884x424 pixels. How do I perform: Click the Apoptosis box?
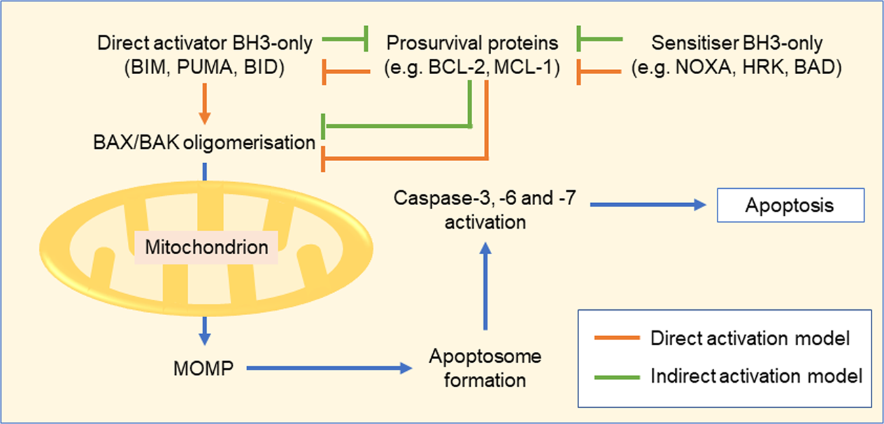point(789,206)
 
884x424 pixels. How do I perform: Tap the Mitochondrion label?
point(207,248)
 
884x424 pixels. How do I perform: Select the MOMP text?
point(203,369)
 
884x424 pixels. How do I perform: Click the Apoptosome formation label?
point(485,368)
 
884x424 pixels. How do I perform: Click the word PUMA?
point(204,67)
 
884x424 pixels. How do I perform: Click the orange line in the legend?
point(616,339)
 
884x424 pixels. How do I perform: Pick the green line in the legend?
point(616,377)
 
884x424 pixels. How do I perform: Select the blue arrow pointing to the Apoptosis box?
point(646,205)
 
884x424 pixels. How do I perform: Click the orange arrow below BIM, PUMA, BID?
point(205,102)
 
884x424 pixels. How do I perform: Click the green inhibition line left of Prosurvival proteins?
point(345,43)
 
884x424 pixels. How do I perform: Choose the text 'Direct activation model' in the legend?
point(750,339)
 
